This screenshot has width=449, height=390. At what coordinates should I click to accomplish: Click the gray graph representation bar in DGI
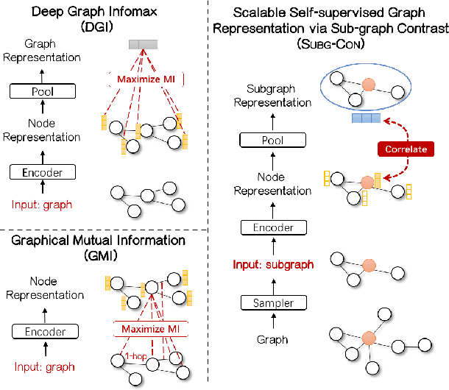pos(143,45)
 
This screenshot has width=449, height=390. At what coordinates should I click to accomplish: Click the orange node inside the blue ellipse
pos(368,82)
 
